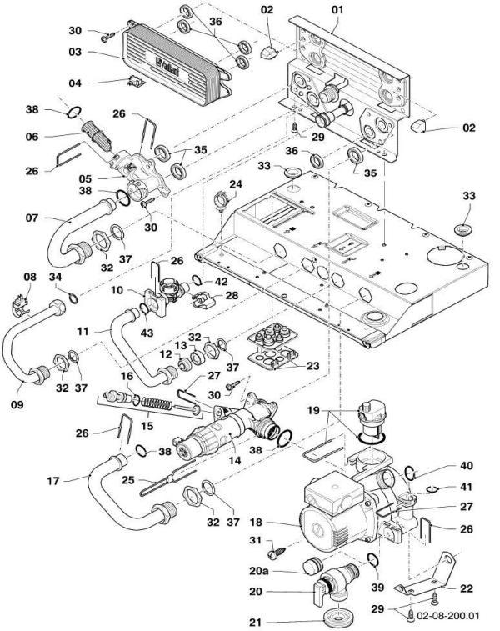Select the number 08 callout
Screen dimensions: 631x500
tap(30, 276)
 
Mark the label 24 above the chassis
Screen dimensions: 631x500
tap(236, 183)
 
